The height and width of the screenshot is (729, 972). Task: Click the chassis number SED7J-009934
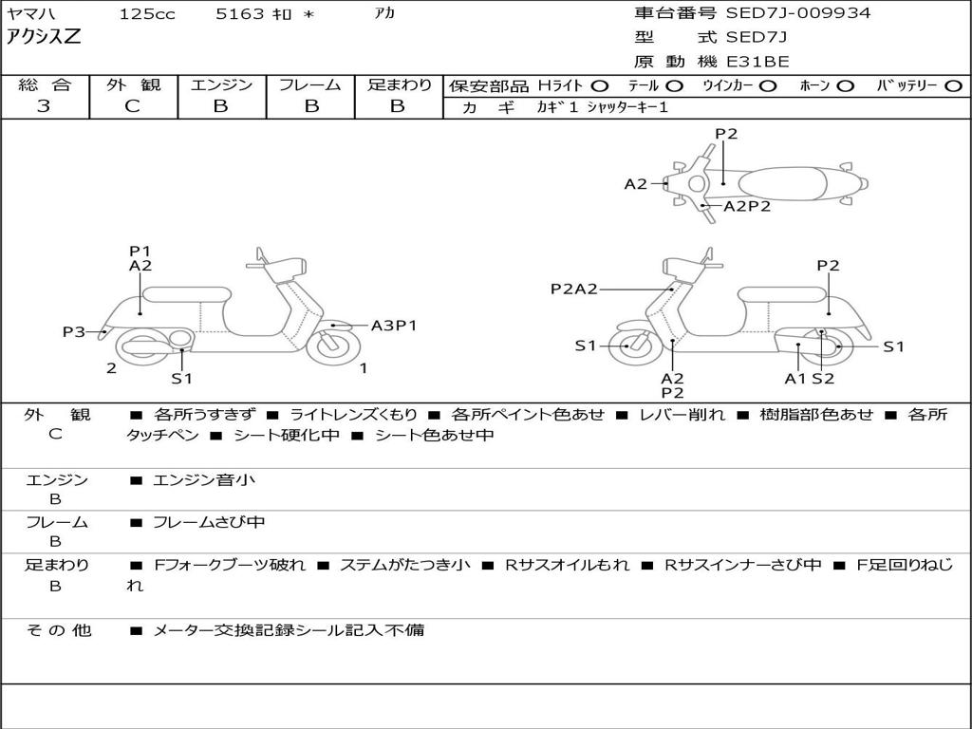[x=797, y=12]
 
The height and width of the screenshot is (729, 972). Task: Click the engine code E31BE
[x=757, y=62]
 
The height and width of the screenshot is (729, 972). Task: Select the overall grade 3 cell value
[x=44, y=105]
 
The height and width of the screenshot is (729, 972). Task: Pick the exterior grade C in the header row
[x=133, y=105]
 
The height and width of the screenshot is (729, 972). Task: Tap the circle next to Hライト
[x=600, y=85]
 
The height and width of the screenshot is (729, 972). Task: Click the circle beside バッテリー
[x=953, y=85]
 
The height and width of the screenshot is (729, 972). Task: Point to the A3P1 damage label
[x=394, y=326]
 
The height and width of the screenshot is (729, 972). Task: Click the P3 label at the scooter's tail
[x=74, y=331]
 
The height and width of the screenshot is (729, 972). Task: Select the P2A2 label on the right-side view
[x=574, y=289]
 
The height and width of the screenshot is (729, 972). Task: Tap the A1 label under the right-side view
[x=794, y=379]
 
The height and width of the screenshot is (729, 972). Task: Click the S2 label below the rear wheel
[x=823, y=379]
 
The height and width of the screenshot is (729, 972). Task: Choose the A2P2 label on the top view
[x=747, y=206]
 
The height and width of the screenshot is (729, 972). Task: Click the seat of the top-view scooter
[x=782, y=184]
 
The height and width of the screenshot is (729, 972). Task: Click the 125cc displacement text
[x=147, y=13]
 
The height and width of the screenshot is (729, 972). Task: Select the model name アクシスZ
[x=44, y=37]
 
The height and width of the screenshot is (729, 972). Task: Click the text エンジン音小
[x=204, y=479]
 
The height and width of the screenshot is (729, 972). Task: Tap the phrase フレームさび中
[x=209, y=522]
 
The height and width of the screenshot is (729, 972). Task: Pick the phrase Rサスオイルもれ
[x=568, y=565]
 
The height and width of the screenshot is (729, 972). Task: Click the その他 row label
[x=58, y=630]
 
